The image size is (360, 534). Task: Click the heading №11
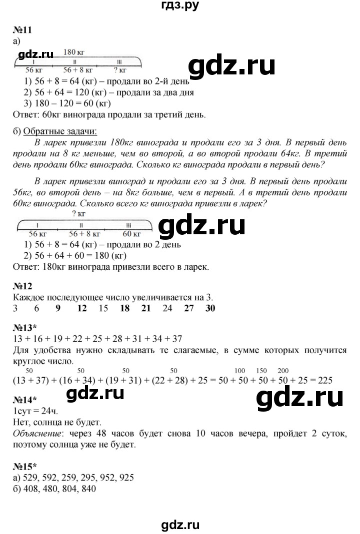21,30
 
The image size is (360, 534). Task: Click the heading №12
21,286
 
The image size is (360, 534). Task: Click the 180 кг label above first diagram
73,51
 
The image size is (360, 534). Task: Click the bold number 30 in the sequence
210,308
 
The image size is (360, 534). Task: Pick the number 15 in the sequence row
103,308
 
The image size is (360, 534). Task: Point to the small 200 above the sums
283,370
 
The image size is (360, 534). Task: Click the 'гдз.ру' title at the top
179,6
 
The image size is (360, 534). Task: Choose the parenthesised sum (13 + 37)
31,380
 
